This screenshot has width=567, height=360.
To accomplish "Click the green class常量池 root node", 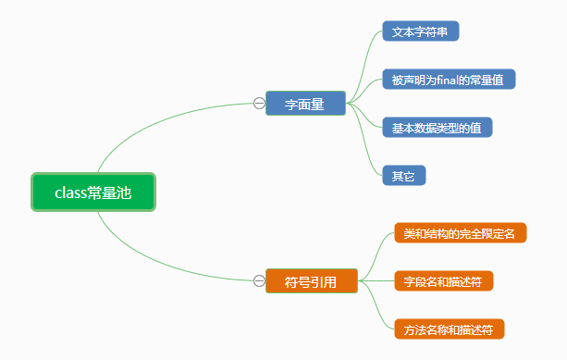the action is pos(93,192).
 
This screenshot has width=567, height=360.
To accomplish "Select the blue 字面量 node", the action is pos(305,104).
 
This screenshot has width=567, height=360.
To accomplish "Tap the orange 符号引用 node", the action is pos(312,280).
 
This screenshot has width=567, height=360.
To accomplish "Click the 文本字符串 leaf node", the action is pos(421,31).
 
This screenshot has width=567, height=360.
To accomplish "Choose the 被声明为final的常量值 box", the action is pos(449,80).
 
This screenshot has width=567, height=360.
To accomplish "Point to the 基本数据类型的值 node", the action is pos(438,128).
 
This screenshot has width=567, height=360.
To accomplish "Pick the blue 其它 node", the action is pos(404,176).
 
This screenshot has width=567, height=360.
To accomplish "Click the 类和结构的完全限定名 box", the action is pos(461,233).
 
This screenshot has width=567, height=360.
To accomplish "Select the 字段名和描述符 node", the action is pos(444,280).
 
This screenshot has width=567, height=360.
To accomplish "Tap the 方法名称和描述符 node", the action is pos(450,329).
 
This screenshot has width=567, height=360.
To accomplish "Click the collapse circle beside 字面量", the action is pos(259,104).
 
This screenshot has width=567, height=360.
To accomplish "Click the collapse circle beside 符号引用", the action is pos(259,280).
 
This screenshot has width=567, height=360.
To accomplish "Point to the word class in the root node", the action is pos(70,192).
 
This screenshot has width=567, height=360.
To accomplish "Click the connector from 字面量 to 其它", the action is pos(364,140).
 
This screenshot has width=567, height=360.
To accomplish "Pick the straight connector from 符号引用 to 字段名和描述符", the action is pos(376,280).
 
